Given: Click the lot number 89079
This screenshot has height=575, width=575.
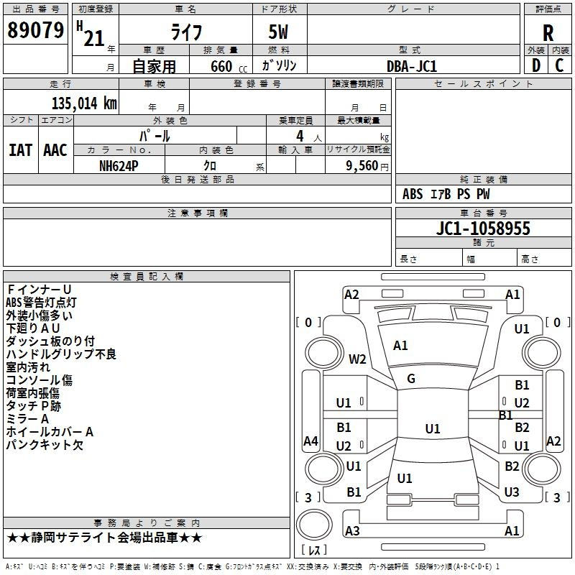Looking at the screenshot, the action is coord(35,29).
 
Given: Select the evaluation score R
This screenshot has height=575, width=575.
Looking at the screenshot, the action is coord(548,33).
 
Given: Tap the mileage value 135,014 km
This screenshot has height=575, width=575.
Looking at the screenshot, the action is coord(84,103).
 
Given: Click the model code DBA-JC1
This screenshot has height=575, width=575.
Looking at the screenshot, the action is coord(412,66).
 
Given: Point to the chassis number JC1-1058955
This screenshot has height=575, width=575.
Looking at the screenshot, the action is coord(483,229).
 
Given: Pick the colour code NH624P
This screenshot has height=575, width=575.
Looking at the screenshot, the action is coord(119,166).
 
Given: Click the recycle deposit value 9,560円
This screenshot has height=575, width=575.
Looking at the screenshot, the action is coord(367,166).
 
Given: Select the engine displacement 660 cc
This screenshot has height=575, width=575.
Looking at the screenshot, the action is coord(229,67).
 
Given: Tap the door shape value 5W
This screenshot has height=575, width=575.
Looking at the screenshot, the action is coord(278,32).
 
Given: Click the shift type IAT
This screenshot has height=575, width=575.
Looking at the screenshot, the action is coord(21,150).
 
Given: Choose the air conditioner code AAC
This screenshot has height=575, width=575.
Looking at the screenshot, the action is coord(55,150).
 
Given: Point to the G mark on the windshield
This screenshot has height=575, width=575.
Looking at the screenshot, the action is coord(411,379).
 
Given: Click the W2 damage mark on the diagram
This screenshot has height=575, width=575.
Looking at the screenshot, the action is coord(357,359).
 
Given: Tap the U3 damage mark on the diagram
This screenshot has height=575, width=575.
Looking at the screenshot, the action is coord(512,492).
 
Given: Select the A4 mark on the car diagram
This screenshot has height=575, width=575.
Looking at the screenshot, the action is coord(310,441).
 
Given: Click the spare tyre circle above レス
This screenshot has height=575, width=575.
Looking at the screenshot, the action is coord(314,525).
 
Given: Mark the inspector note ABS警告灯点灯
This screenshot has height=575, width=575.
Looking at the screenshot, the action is coord(41,302).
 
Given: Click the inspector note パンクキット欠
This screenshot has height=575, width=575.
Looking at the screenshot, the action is coord(45,445).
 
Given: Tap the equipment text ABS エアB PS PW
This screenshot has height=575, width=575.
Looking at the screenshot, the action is coord(446,194).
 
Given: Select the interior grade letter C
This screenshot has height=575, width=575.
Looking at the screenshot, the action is coord(559,65).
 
